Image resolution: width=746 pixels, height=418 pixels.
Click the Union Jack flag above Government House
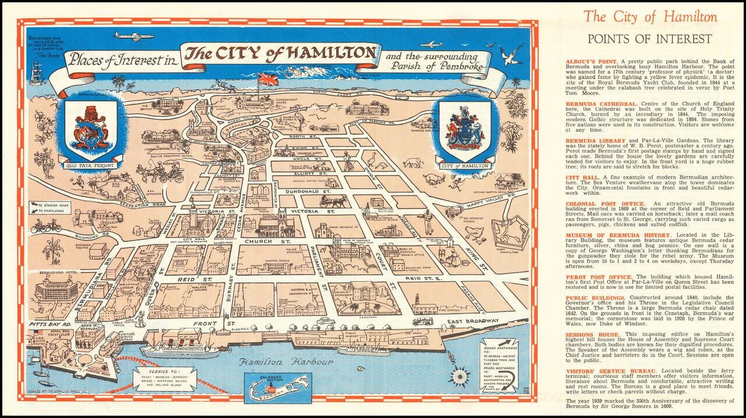point(268,80)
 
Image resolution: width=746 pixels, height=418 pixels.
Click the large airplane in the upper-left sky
point(133,36)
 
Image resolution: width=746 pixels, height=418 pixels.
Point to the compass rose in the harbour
point(460,376)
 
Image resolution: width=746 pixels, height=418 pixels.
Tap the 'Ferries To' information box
point(164,379)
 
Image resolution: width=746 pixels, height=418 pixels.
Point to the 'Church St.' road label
point(260,241)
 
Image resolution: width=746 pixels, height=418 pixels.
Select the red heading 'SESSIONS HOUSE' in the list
point(589,335)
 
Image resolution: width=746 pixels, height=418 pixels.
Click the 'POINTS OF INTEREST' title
point(649,39)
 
